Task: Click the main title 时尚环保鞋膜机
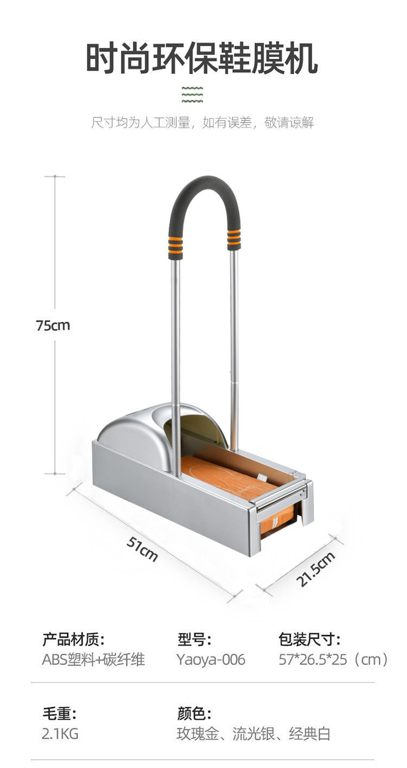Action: [x=201, y=58]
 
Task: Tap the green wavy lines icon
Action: [x=192, y=95]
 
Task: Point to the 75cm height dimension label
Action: [x=53, y=325]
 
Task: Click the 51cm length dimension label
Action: [x=142, y=548]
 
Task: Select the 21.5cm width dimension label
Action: [x=316, y=569]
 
